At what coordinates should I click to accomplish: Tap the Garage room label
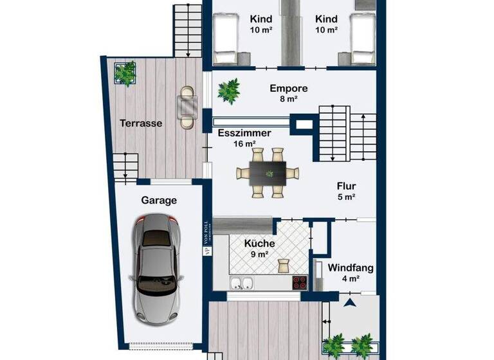click(x=159, y=200)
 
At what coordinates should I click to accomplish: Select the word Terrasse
click(x=140, y=123)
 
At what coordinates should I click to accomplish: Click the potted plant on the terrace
click(x=125, y=73)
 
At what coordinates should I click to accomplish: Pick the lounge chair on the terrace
click(x=187, y=107)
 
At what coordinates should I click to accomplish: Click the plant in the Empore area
click(x=228, y=91)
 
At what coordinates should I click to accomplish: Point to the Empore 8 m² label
click(x=288, y=93)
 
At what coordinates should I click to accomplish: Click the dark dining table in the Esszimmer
click(x=268, y=172)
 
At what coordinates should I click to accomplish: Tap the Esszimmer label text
click(x=244, y=134)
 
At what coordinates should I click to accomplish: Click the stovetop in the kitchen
click(x=300, y=282)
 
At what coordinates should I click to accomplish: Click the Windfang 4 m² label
click(x=351, y=273)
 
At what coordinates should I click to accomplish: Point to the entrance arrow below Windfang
click(x=350, y=301)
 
